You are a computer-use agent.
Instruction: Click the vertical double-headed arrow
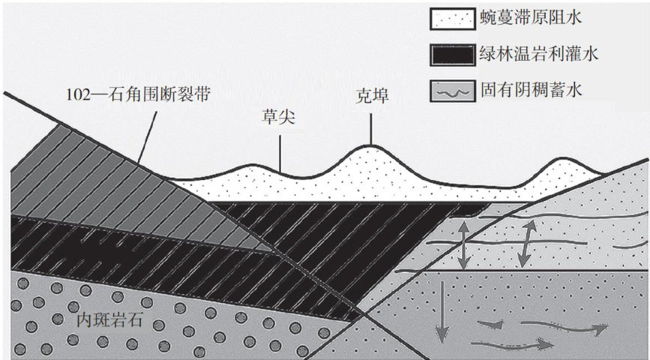[465, 243]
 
